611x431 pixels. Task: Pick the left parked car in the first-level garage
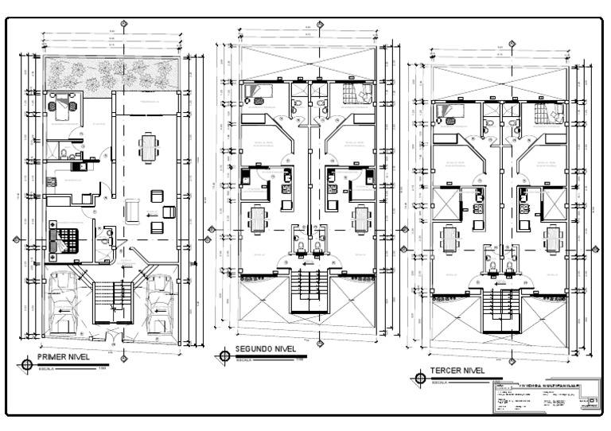click(x=63, y=303)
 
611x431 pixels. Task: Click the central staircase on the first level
click(x=111, y=301)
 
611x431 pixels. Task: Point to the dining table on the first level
click(x=148, y=146)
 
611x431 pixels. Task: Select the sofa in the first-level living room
click(x=133, y=209)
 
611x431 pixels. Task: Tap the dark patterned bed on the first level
click(x=65, y=238)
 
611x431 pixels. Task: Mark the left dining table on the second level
click(x=257, y=218)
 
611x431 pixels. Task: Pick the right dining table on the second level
click(x=361, y=218)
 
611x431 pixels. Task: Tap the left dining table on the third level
click(x=451, y=237)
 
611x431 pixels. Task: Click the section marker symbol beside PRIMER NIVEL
click(x=29, y=364)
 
